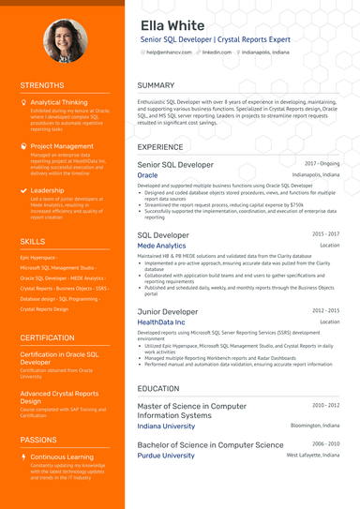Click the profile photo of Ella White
pyautogui.click(x=63, y=40)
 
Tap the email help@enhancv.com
pyautogui.click(x=169, y=52)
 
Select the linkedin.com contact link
pyautogui.click(x=217, y=52)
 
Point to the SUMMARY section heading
pyautogui.click(x=156, y=86)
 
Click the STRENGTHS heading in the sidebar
pyautogui.click(x=42, y=86)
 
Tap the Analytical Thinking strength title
pyautogui.click(x=58, y=102)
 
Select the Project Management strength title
pyautogui.click(x=62, y=146)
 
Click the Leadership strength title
pyautogui.click(x=47, y=190)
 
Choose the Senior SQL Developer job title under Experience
pyautogui.click(x=175, y=164)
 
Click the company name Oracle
pyautogui.click(x=147, y=175)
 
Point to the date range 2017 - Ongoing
pyautogui.click(x=322, y=163)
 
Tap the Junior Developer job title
pyautogui.click(x=168, y=310)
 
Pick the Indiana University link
pyautogui.click(x=166, y=426)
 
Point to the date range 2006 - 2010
pyautogui.click(x=326, y=443)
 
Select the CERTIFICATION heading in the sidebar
pyautogui.click(x=47, y=337)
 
